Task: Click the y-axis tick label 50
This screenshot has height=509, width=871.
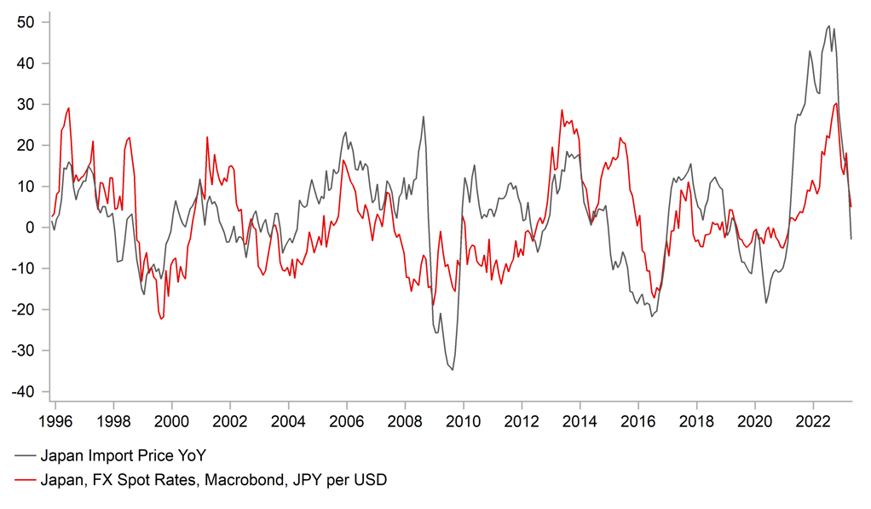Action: (26, 22)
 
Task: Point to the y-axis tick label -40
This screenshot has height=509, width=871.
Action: (23, 391)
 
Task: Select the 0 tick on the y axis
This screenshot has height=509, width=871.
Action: (32, 228)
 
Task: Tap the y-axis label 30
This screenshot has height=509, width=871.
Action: (26, 104)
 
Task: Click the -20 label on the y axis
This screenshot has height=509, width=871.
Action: (23, 309)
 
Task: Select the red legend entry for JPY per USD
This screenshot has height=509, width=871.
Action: (214, 481)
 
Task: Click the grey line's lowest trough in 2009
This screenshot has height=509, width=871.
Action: (452, 370)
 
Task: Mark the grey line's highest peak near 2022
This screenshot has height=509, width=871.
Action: (828, 26)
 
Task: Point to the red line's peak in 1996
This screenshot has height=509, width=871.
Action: (68, 107)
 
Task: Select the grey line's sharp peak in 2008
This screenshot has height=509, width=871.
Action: (423, 117)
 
